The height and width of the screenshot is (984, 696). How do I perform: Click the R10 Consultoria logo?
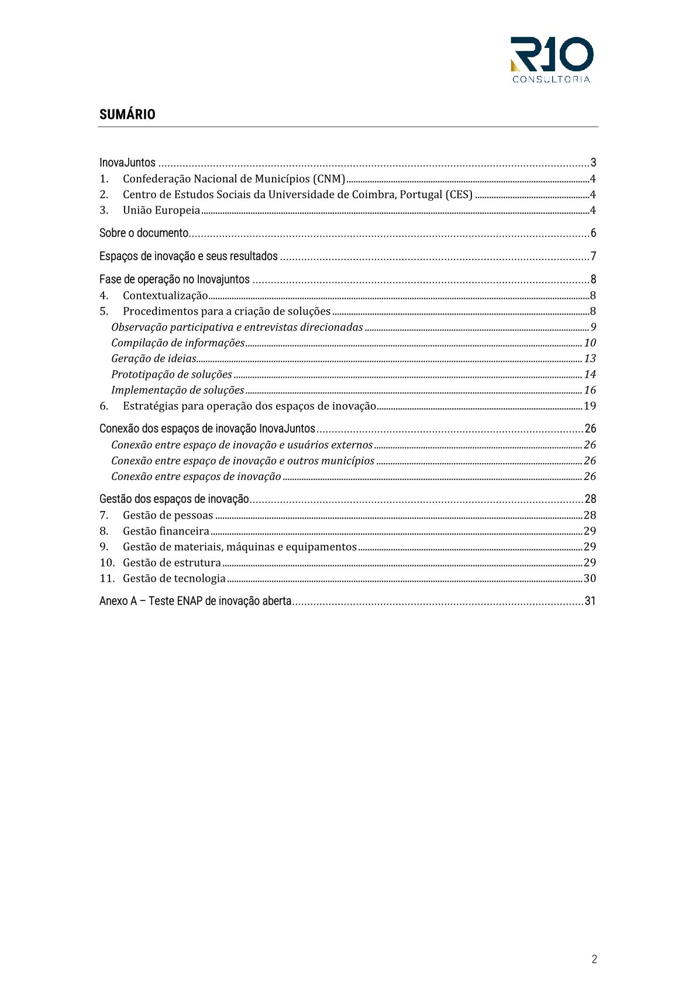[551, 60]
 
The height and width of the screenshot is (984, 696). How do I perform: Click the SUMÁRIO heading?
[127, 115]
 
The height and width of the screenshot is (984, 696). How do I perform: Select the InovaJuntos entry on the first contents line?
[128, 163]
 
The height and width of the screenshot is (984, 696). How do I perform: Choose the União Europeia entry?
[161, 210]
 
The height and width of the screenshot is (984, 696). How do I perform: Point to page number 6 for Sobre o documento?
[593, 233]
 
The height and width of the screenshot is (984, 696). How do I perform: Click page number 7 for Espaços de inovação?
[593, 257]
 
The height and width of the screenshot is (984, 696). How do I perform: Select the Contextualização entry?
[165, 296]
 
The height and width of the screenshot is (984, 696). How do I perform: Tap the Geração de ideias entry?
[154, 359]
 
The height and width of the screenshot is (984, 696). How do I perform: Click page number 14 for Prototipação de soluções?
[590, 375]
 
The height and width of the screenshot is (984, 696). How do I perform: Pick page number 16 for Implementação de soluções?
[590, 391]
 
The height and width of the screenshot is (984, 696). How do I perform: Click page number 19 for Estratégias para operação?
[590, 406]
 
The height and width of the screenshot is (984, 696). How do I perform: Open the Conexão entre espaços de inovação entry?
[196, 477]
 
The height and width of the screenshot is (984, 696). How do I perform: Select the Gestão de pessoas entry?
[168, 516]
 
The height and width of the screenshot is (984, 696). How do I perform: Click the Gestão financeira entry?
[166, 531]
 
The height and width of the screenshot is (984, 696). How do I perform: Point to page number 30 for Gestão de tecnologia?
[590, 579]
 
